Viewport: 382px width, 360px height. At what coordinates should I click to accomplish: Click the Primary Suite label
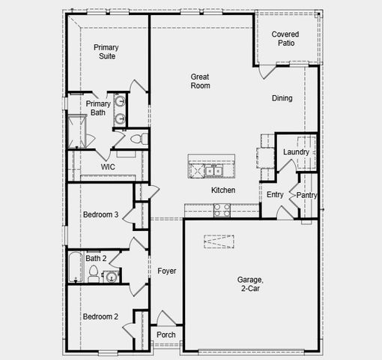(106, 52)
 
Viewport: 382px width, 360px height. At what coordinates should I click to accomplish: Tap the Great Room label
(200, 81)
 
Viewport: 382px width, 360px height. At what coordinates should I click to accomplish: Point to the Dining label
(282, 98)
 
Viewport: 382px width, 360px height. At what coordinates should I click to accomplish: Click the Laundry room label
(296, 152)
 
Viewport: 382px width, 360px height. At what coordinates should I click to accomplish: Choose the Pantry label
(306, 195)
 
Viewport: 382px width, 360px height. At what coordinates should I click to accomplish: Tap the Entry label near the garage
(275, 195)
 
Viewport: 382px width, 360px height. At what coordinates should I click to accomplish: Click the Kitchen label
(223, 190)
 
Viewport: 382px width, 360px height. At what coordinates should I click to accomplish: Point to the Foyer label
(166, 271)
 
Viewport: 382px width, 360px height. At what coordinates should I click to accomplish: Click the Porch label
(166, 334)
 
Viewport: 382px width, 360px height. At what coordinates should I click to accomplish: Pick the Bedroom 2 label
(100, 316)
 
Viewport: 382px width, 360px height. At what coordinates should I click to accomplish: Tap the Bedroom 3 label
(100, 214)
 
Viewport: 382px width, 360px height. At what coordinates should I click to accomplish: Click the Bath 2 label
(95, 259)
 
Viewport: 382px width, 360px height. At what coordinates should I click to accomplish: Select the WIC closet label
(108, 167)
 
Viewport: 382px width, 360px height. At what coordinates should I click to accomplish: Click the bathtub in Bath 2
(74, 268)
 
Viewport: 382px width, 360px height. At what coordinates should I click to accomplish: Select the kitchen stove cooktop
(222, 211)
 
